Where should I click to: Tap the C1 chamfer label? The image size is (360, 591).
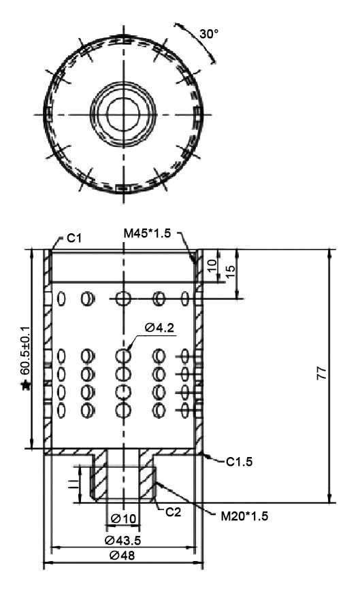(x=74, y=239)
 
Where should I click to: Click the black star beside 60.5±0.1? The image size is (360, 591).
(x=25, y=386)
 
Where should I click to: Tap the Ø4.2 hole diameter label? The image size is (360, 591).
(x=159, y=328)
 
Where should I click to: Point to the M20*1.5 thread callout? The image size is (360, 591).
(x=242, y=516)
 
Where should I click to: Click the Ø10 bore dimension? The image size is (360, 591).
(x=122, y=519)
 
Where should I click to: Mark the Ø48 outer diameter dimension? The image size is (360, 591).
(x=124, y=556)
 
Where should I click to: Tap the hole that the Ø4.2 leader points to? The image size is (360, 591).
(x=123, y=356)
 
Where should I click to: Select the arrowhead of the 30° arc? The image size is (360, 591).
(x=213, y=58)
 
